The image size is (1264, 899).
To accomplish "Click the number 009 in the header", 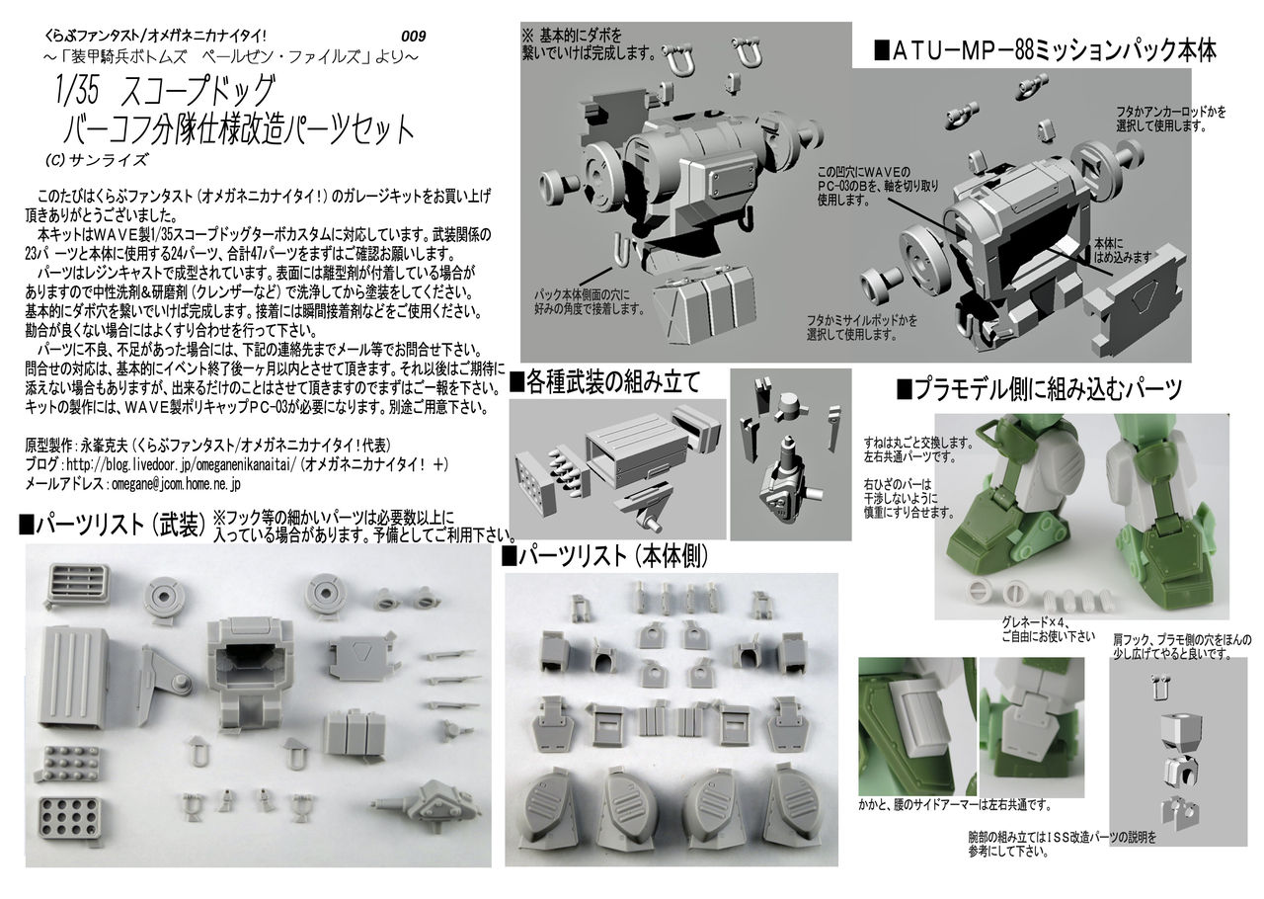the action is (x=413, y=37).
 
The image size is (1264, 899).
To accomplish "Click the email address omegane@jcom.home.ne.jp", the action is (x=176, y=484).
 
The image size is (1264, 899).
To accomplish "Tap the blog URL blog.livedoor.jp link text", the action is (x=181, y=464).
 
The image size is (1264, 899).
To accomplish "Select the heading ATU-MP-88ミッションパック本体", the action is (x=1045, y=50).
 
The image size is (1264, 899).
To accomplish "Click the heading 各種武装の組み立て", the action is (x=605, y=382).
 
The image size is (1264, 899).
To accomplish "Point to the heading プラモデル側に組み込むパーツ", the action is (x=1039, y=389).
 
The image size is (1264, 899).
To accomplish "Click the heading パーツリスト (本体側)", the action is (x=605, y=557).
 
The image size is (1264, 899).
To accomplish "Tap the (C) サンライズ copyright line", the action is (x=97, y=160).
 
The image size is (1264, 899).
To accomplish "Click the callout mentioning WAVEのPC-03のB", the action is (x=878, y=185).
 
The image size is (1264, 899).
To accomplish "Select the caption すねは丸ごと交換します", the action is (x=918, y=443).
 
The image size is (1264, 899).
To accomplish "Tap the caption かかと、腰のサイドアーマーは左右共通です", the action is (x=955, y=805).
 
